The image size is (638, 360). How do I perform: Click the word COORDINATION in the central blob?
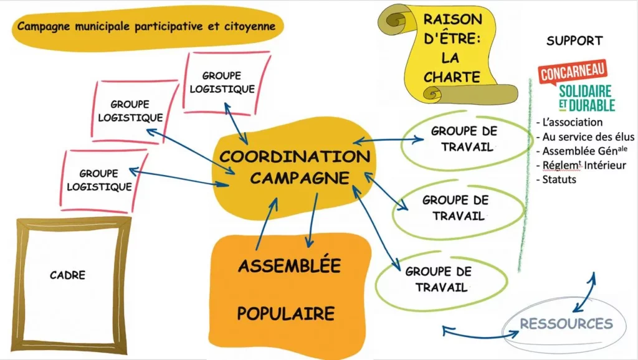click(x=294, y=156)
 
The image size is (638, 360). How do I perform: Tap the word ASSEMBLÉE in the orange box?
click(x=289, y=266)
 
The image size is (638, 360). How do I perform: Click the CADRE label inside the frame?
click(x=67, y=275)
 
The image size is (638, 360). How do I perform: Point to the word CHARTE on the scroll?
click(x=452, y=78)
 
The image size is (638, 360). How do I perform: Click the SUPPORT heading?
click(x=574, y=41)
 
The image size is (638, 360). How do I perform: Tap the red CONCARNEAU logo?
click(x=573, y=73)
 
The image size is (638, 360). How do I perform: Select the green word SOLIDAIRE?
click(x=585, y=91)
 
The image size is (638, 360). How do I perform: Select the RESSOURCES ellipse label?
click(x=566, y=324)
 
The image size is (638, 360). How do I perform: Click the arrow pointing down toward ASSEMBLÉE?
click(x=312, y=218)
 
